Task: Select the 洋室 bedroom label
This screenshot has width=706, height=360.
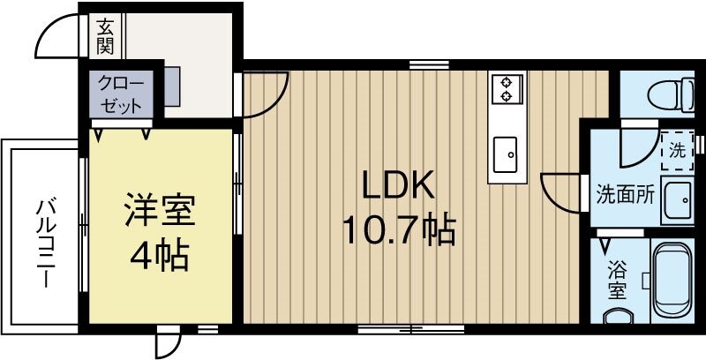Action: coord(159,211)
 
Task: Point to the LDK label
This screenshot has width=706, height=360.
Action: coord(396,187)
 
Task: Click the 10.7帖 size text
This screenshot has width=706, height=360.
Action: coord(398,230)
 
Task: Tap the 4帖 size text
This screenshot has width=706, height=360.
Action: coord(159,256)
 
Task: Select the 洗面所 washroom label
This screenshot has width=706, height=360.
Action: coord(625,195)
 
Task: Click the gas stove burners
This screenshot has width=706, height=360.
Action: coord(507,87)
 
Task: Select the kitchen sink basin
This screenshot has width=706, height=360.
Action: coord(507,154)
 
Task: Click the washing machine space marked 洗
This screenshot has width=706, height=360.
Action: coord(678,149)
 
